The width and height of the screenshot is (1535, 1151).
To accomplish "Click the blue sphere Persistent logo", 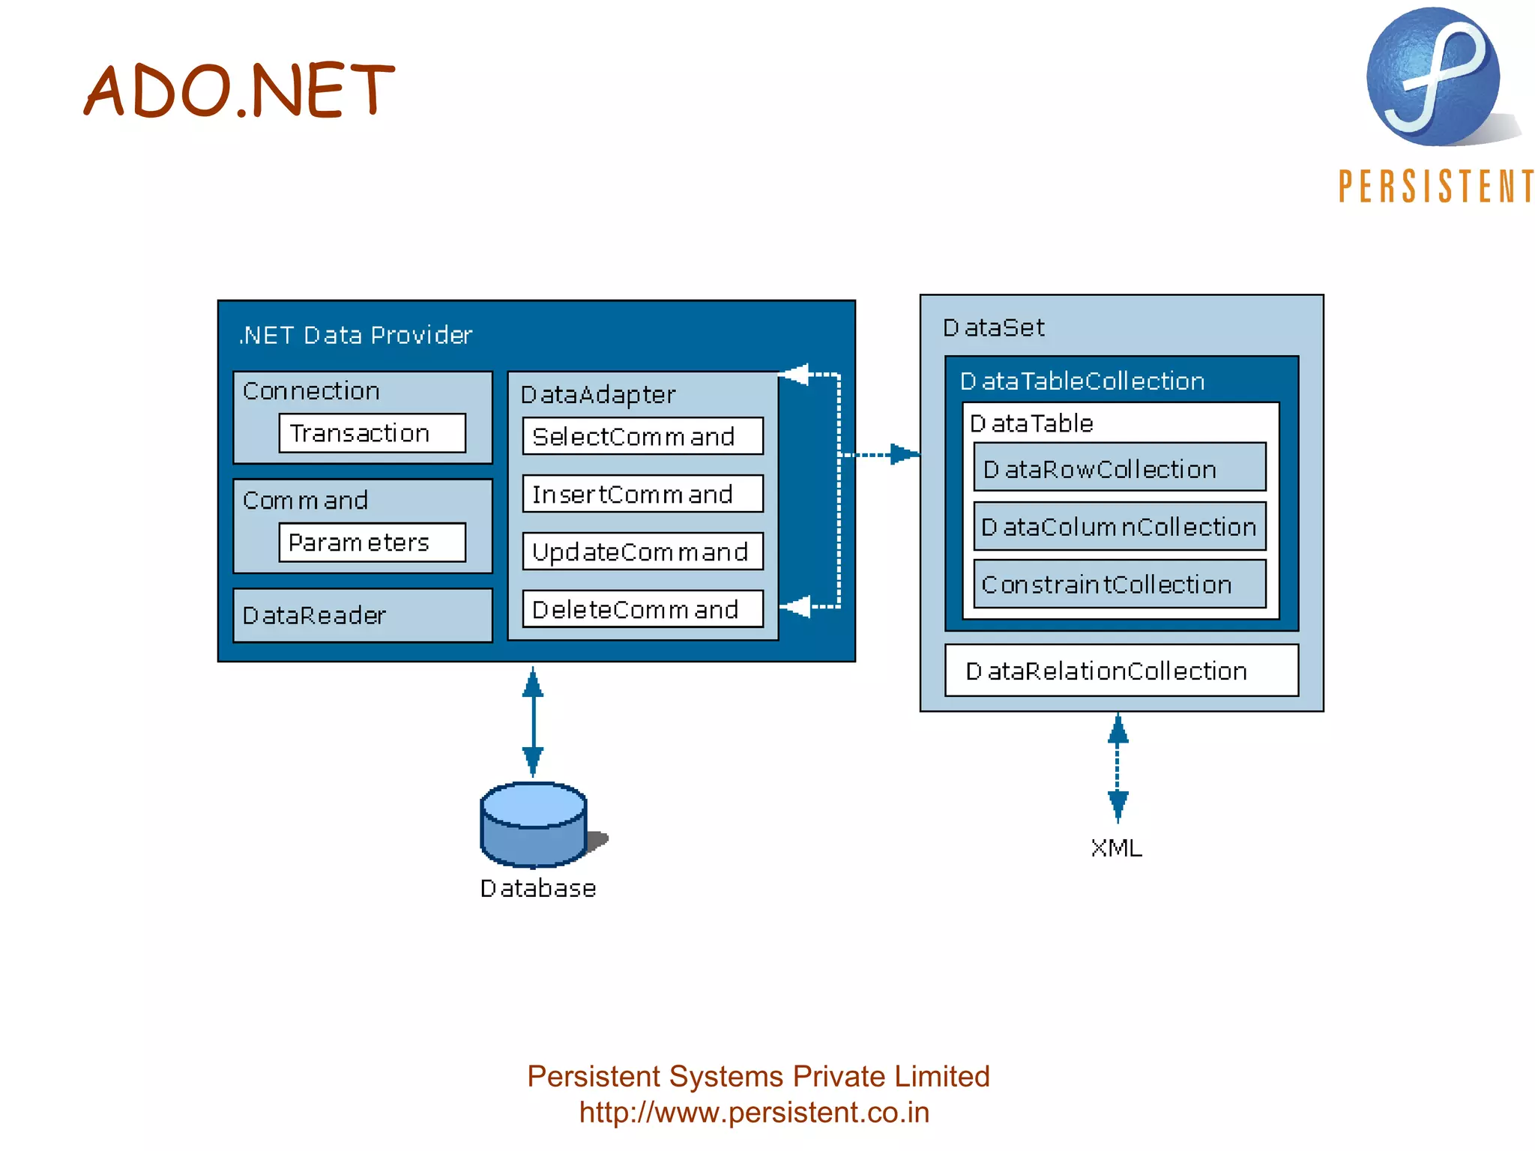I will click(1432, 76).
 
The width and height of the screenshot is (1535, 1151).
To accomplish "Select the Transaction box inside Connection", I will click(372, 433).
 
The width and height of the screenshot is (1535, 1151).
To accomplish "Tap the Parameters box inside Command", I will click(372, 542).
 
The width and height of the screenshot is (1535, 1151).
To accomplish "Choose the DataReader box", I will click(363, 615).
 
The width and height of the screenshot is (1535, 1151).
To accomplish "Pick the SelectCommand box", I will click(642, 436).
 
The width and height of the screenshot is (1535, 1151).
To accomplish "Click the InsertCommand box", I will click(642, 494).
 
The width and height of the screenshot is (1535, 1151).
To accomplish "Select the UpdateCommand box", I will click(642, 552).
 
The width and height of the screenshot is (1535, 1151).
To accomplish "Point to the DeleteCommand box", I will click(642, 609).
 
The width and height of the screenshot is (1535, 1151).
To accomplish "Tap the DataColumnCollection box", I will click(1119, 526).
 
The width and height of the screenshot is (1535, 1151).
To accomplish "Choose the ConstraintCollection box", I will click(1119, 584).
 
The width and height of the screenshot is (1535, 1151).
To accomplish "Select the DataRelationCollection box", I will click(1121, 671).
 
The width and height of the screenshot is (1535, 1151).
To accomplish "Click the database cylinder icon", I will click(534, 824).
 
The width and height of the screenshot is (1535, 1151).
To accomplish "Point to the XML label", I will click(1117, 848).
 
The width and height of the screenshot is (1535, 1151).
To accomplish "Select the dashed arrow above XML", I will click(1118, 767).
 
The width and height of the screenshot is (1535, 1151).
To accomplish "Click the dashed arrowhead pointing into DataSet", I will click(904, 454).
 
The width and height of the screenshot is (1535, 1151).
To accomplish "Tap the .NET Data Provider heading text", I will click(355, 335).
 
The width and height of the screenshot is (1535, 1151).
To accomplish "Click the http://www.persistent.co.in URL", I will click(754, 1112).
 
